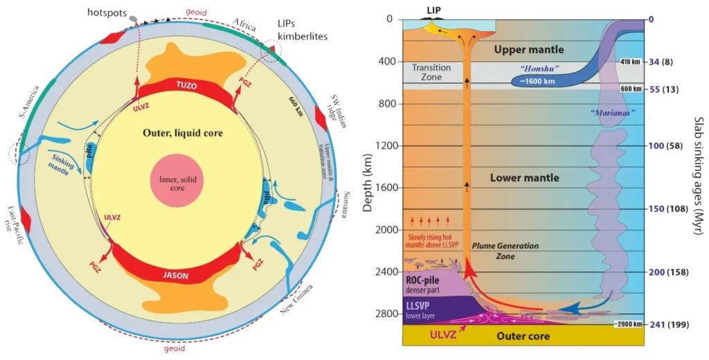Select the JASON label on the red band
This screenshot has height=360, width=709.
click(177, 275)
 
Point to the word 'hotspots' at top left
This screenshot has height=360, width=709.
click(106, 13)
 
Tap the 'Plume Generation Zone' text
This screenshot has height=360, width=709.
click(498, 251)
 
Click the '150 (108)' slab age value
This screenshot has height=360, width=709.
click(673, 209)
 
